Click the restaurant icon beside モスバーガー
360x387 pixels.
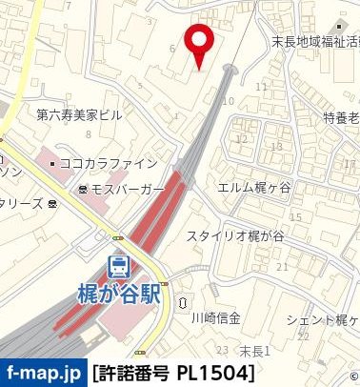[x=84, y=189]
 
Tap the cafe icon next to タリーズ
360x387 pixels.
[x=50, y=204]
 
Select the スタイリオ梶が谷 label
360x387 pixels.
[x=234, y=236]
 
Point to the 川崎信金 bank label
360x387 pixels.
[x=215, y=317]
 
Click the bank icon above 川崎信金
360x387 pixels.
[x=182, y=302]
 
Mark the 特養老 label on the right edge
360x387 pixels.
[x=340, y=117]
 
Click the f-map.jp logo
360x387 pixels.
[x=43, y=372]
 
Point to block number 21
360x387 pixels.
[x=281, y=267]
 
